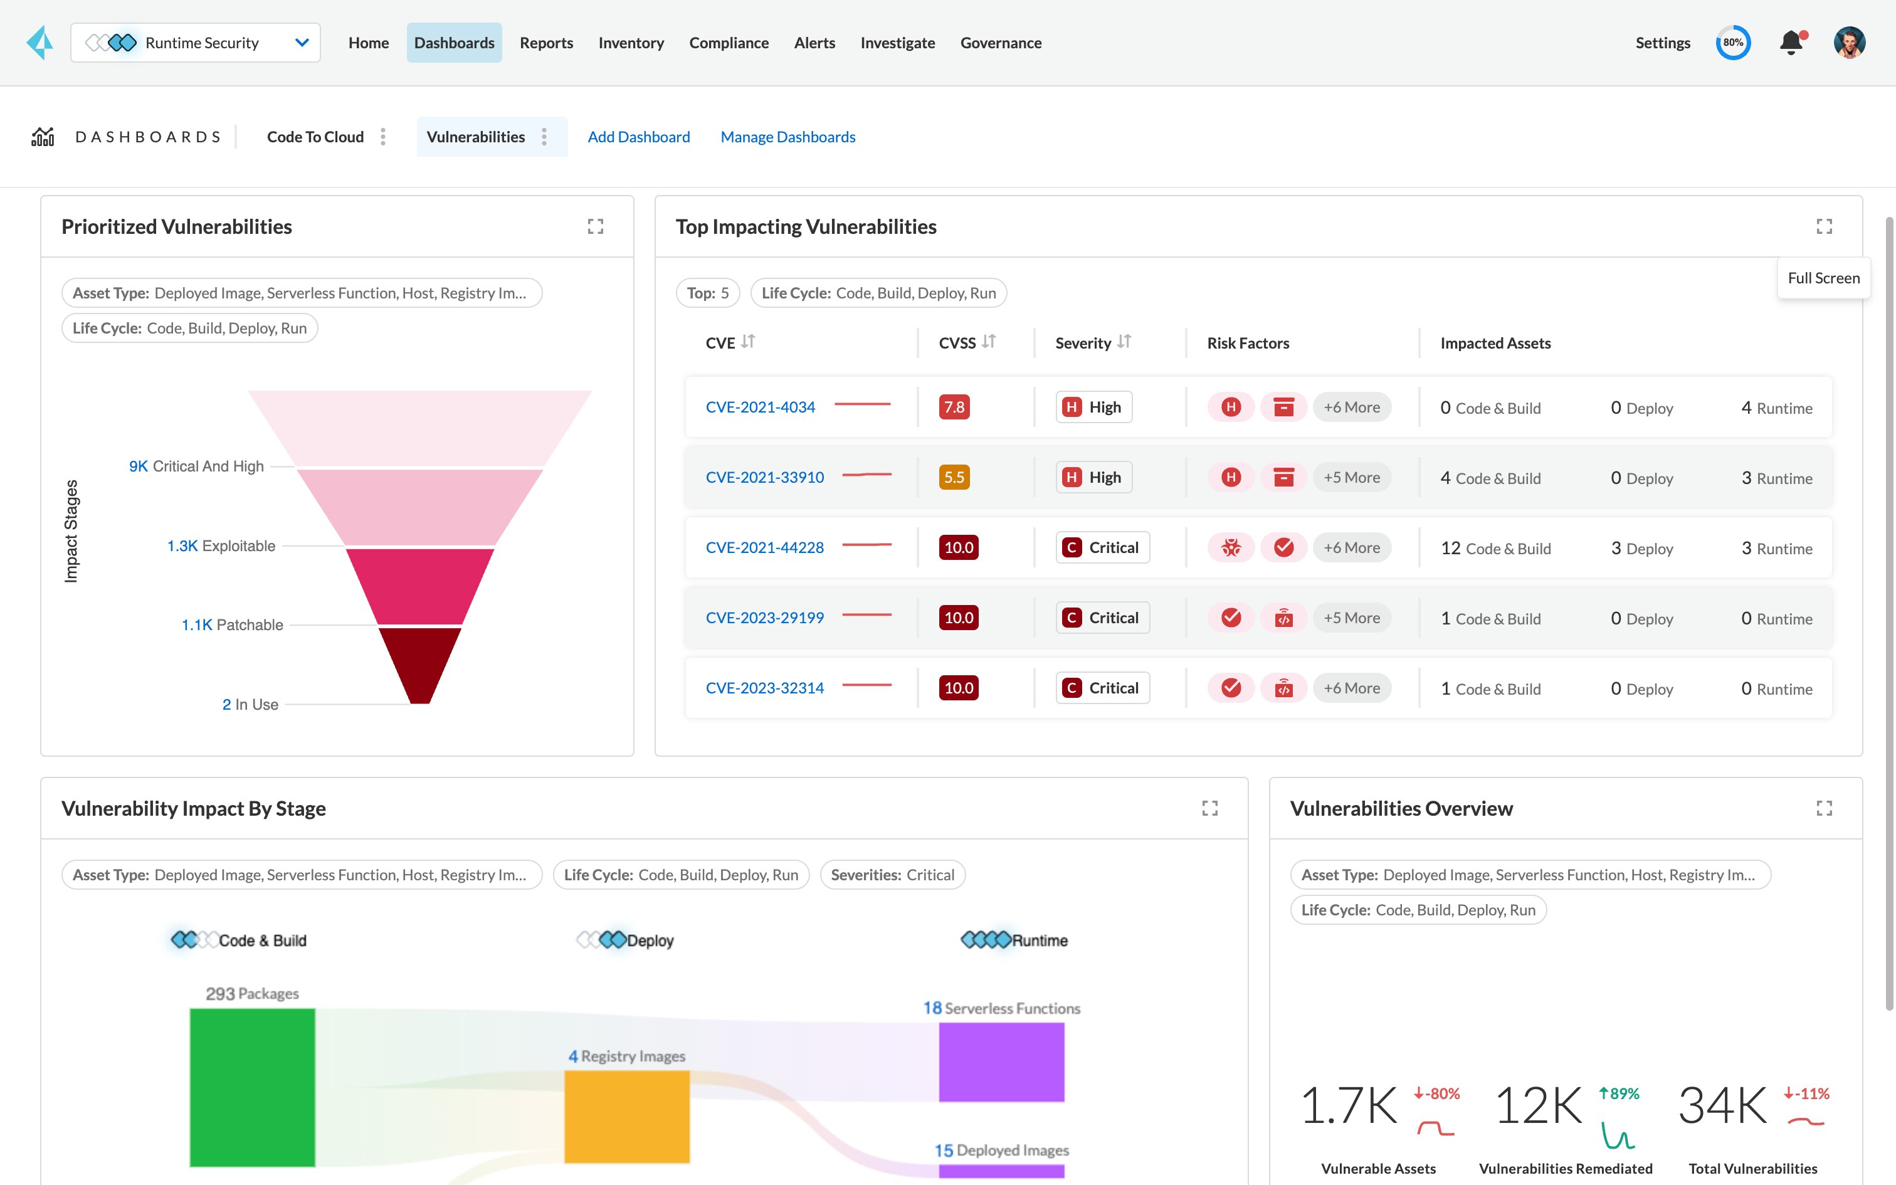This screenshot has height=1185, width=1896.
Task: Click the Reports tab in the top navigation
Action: [x=546, y=43]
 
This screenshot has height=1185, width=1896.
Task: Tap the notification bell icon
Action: [x=1790, y=43]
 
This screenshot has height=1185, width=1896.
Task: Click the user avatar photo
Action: [x=1849, y=43]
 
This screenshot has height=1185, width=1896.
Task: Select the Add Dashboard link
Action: [x=638, y=137]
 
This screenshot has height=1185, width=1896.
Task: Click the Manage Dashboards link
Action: [x=787, y=137]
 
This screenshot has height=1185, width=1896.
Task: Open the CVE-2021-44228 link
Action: [x=765, y=548]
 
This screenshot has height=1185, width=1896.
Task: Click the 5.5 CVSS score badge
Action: [x=954, y=477]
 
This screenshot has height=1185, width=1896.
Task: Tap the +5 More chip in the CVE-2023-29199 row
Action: [x=1352, y=618]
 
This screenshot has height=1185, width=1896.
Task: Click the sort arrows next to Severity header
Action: [x=1124, y=342]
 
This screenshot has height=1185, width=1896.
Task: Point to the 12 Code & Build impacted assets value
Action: [x=1495, y=549]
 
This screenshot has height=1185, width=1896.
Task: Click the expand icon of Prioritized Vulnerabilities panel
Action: [x=596, y=226]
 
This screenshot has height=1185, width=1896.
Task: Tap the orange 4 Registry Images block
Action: [x=627, y=1116]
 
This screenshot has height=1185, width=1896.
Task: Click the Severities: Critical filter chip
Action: [x=892, y=875]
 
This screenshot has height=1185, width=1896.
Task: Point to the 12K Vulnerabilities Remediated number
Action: [x=1539, y=1106]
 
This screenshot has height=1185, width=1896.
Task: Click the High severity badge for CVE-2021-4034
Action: [x=1093, y=408]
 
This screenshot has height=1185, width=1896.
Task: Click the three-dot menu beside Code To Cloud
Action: [x=383, y=137]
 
